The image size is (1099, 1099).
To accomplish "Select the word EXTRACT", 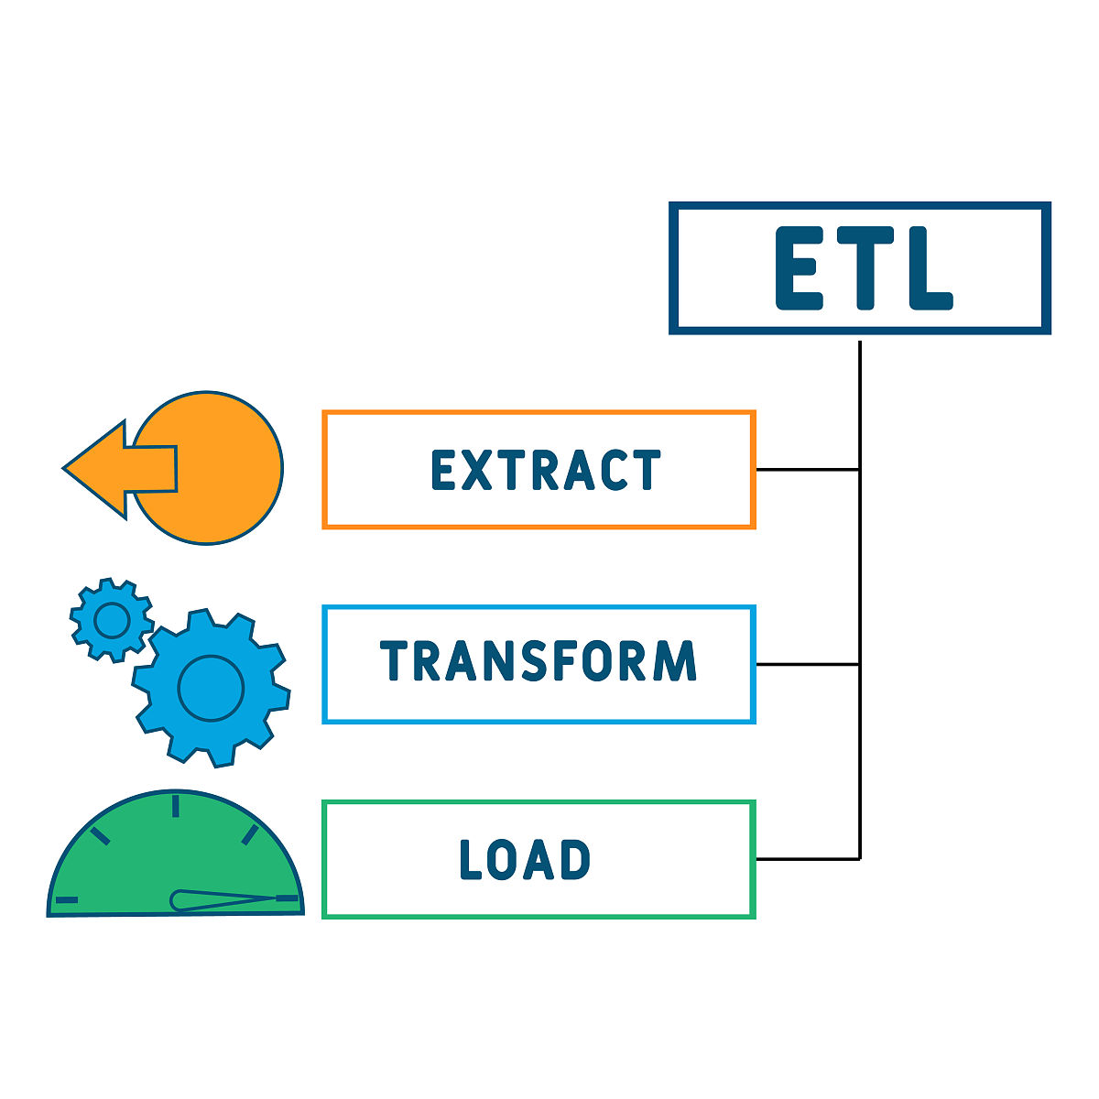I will pyautogui.click(x=546, y=471).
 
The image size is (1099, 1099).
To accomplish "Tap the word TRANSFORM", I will pyautogui.click(x=539, y=661).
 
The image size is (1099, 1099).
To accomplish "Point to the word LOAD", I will pyautogui.click(x=525, y=860).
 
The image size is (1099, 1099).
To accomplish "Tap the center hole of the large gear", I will pyautogui.click(x=211, y=687).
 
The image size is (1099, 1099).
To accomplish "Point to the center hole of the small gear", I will pyautogui.click(x=112, y=620).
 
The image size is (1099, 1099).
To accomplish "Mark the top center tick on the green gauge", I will pyautogui.click(x=175, y=806).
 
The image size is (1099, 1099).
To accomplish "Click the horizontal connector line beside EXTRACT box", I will pyautogui.click(x=807, y=470).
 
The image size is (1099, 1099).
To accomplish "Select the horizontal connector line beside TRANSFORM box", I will pyautogui.click(x=807, y=664).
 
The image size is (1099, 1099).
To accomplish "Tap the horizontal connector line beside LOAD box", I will pyautogui.click(x=807, y=859).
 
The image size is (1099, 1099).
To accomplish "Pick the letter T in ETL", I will pyautogui.click(x=862, y=268).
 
